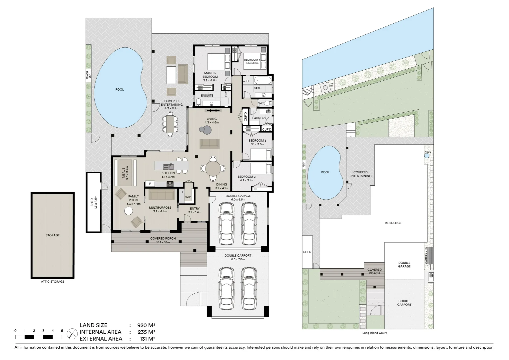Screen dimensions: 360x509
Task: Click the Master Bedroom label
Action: tap(210, 75)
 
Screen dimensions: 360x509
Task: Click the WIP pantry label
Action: tap(188, 197)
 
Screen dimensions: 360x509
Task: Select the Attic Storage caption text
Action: tap(52, 282)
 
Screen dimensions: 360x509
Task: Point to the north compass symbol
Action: tap(72, 333)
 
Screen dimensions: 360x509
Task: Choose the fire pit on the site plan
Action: tap(324, 87)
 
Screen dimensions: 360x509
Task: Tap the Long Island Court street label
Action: tap(374, 333)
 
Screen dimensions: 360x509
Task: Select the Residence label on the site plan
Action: tap(393, 223)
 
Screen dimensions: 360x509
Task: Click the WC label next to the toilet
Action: tap(261, 103)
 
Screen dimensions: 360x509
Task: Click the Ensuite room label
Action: tap(207, 96)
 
